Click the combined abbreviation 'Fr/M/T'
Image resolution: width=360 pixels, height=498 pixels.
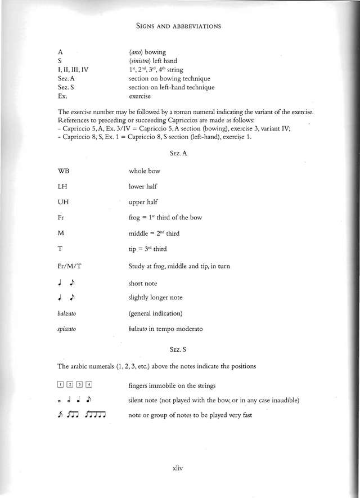tap(70, 266)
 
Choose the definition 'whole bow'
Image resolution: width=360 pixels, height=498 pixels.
tap(146, 171)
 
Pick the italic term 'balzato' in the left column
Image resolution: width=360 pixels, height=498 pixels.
tap(67, 313)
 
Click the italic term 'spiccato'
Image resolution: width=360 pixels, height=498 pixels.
tap(67, 329)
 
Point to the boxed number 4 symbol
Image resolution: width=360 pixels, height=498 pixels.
tap(88, 385)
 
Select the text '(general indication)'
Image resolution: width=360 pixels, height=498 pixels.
tap(156, 313)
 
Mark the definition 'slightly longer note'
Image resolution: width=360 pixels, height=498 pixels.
tap(156, 297)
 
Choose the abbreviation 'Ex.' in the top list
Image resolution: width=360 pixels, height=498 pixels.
tap(62, 96)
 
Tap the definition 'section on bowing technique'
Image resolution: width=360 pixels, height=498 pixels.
tap(169, 78)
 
